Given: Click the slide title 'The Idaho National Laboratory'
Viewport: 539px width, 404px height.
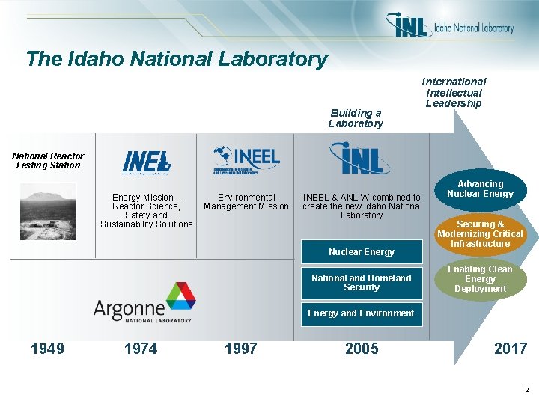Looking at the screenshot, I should [x=177, y=58].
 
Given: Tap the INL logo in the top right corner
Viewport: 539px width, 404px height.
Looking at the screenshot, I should [x=450, y=26].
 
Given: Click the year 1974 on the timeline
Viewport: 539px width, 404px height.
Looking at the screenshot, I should [x=141, y=349].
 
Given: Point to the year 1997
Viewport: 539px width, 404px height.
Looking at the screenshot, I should [x=240, y=349].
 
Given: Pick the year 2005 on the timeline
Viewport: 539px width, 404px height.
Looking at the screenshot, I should [x=362, y=349].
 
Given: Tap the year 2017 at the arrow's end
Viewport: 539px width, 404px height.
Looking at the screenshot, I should [x=511, y=349].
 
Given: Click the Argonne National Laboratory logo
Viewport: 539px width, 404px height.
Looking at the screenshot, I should [x=144, y=302].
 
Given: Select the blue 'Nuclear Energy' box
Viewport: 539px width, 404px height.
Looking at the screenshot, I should [x=362, y=251].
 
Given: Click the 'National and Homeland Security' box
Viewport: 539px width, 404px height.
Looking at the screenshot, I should [x=362, y=283].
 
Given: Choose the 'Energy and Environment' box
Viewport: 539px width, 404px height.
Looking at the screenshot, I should [x=362, y=313].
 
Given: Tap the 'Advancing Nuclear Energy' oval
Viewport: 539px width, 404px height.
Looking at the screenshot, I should [x=480, y=189].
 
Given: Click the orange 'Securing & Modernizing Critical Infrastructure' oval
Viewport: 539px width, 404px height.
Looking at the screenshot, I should [x=480, y=233].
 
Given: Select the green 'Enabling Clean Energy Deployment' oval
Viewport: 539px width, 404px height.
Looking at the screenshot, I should [x=480, y=279].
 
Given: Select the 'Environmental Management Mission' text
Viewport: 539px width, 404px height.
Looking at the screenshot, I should [x=246, y=202].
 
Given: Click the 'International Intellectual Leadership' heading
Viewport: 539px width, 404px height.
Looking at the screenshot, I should [x=454, y=92].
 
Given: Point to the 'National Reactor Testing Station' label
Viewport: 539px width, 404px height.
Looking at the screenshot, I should [x=47, y=160].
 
